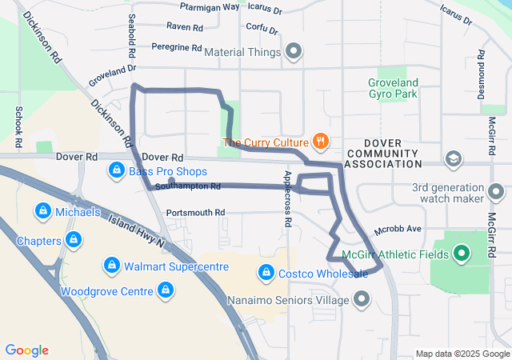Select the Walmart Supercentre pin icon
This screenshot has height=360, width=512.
point(112,264)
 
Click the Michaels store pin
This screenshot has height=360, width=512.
point(42,212)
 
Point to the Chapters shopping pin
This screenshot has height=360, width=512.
point(73,239)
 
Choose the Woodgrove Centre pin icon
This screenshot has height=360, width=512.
point(166,289)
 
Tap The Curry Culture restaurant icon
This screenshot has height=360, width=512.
point(321,142)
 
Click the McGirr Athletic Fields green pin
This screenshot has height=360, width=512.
point(462,255)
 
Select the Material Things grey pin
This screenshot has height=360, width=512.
point(294,53)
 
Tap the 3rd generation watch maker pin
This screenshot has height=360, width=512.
point(497,193)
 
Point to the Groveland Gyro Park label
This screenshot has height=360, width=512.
point(393,88)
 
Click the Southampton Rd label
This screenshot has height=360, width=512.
point(188,186)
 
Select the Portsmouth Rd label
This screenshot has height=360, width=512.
point(195,213)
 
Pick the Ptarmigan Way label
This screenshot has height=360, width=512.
point(210,7)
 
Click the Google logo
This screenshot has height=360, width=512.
point(27,350)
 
